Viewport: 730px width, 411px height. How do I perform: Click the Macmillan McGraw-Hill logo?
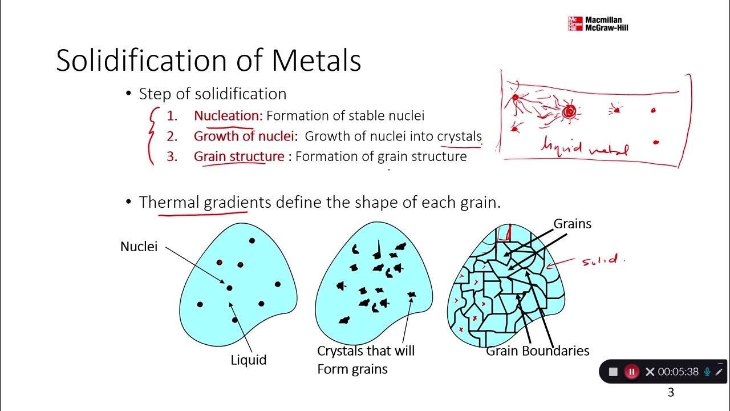point(598,23)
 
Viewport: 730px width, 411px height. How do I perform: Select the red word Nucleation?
point(228,116)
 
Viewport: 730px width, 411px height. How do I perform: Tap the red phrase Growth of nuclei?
point(244,136)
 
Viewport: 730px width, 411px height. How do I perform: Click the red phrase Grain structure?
point(239,156)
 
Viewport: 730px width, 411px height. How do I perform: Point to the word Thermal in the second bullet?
point(169,202)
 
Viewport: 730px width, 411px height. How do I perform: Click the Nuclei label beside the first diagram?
point(139,247)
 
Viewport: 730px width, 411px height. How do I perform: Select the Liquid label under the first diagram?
point(248,360)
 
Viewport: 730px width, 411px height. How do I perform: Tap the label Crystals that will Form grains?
point(365,360)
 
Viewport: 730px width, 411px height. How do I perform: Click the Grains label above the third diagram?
point(573,224)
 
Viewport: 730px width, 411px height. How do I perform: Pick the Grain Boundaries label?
point(537,350)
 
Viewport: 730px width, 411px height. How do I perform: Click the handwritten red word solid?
point(599,261)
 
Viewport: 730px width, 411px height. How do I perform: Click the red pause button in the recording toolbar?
point(631,372)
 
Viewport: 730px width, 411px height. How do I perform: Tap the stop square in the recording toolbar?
point(613,372)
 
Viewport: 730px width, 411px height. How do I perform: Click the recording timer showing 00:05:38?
point(678,372)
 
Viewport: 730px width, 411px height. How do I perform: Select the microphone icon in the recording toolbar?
point(707,372)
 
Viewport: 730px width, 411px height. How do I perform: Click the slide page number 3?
point(671,392)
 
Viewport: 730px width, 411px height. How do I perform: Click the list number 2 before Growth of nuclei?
point(172,136)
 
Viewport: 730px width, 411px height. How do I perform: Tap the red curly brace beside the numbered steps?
point(151,136)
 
